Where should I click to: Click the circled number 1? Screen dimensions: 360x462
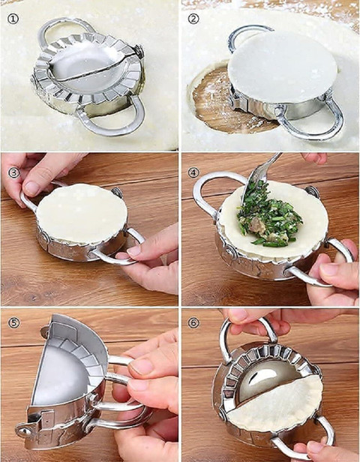(x=13, y=19)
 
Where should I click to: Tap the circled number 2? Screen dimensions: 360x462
(x=193, y=19)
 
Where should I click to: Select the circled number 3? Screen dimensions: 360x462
(x=13, y=173)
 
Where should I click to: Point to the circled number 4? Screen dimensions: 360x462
(x=193, y=172)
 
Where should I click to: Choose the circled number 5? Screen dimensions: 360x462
(x=13, y=323)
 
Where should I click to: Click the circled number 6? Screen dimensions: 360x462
(x=193, y=323)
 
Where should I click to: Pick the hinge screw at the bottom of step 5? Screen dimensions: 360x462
(x=23, y=431)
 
